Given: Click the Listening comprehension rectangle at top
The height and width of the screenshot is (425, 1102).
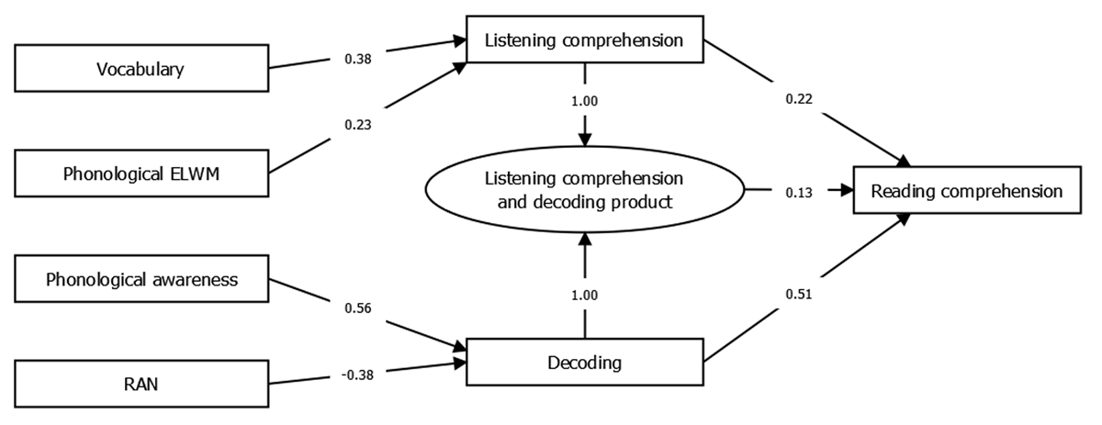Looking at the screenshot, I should tap(584, 40).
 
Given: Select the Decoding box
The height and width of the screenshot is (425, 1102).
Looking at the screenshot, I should tap(584, 362).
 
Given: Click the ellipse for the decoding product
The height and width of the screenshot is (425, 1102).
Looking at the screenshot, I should tap(584, 191).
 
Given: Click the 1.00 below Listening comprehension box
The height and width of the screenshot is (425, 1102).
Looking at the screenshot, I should tap(584, 101).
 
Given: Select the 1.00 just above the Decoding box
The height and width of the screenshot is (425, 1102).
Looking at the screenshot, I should tap(584, 294).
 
